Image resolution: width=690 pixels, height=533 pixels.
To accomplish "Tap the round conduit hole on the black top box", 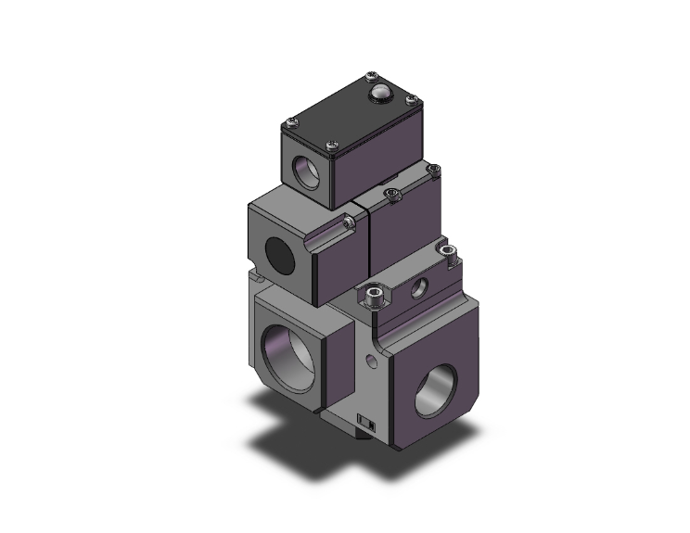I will [303, 170].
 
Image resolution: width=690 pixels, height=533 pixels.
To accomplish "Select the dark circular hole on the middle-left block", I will [276, 251].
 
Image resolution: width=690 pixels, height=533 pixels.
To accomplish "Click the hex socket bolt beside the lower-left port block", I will [375, 297].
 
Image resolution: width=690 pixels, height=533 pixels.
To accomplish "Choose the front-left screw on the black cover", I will [293, 120].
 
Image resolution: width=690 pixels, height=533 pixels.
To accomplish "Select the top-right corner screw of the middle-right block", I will [432, 171].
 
